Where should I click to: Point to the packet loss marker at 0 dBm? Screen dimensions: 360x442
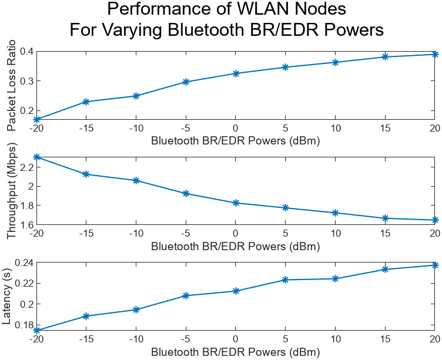pyautogui.click(x=236, y=73)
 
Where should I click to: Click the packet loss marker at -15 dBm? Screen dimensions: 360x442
pyautogui.click(x=86, y=102)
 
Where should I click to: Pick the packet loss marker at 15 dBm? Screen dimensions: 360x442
pyautogui.click(x=385, y=56)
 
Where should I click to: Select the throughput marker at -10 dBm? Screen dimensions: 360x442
pyautogui.click(x=136, y=180)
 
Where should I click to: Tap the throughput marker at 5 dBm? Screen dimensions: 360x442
pyautogui.click(x=286, y=208)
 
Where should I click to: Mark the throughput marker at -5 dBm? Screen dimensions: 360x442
pyautogui.click(x=186, y=193)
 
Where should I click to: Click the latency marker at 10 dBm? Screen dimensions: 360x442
pyautogui.click(x=335, y=278)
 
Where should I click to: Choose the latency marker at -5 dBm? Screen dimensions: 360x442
pyautogui.click(x=186, y=295)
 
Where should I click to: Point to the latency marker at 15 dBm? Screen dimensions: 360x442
pyautogui.click(x=385, y=269)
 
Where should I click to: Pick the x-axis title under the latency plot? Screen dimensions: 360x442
pyautogui.click(x=235, y=352)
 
